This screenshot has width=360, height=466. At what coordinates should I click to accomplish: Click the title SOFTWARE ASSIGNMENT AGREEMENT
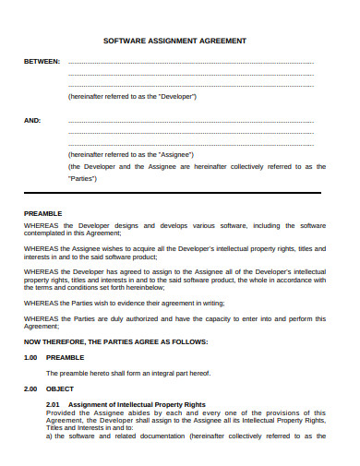click(x=180, y=42)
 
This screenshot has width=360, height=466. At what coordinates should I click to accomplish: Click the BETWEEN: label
click(x=42, y=62)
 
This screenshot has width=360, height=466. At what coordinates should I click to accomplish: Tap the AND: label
click(x=32, y=120)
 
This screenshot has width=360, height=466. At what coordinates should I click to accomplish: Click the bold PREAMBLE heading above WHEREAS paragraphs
click(x=42, y=214)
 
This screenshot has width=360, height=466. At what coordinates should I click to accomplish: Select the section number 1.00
click(x=30, y=356)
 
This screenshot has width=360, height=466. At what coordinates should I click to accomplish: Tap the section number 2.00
click(x=30, y=389)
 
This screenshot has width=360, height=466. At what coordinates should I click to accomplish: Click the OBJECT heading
click(x=60, y=389)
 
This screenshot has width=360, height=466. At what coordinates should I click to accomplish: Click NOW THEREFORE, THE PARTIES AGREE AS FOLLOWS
click(x=115, y=341)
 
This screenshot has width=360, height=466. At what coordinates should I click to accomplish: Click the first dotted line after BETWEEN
click(x=191, y=63)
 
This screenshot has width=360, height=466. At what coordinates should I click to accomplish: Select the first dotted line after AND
click(x=191, y=121)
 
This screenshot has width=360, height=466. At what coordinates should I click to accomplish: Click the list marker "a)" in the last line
click(x=50, y=437)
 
